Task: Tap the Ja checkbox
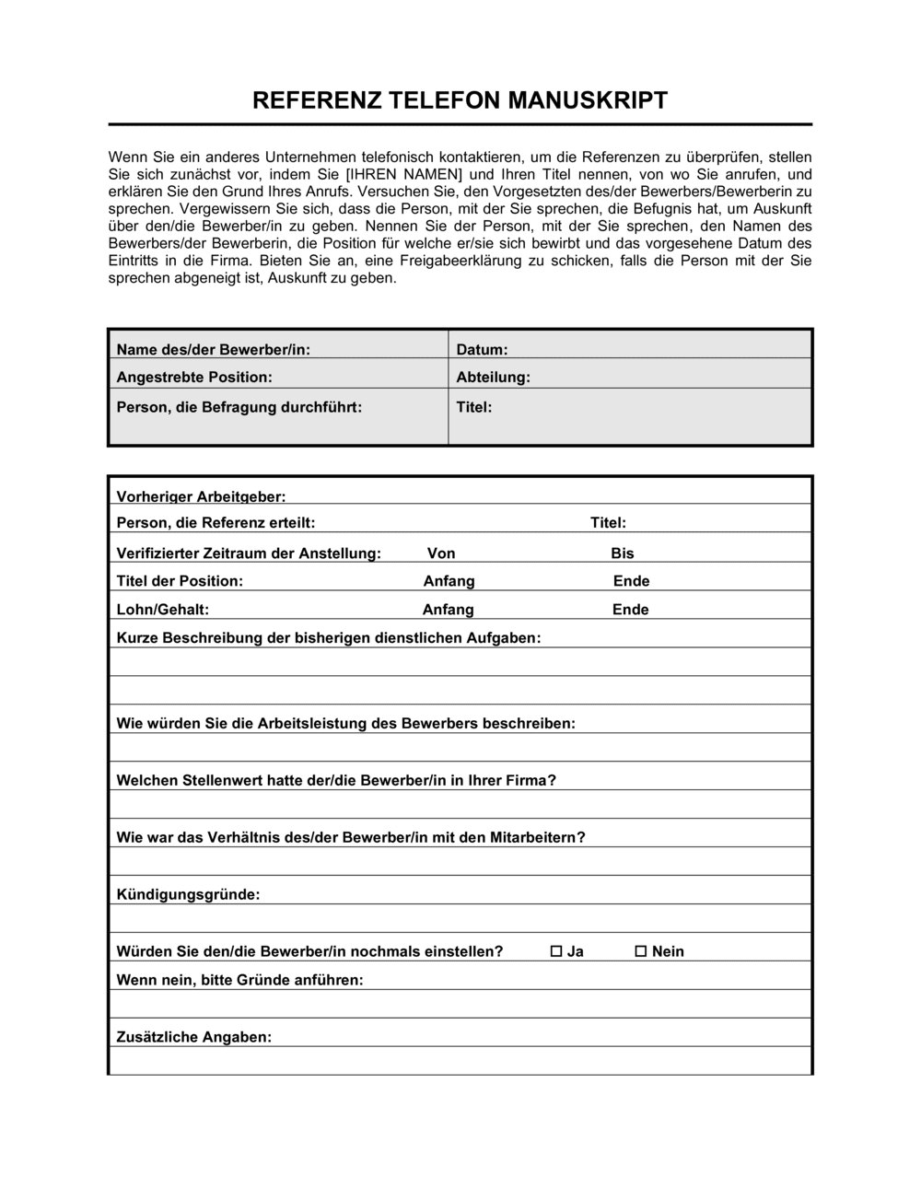pyautogui.click(x=556, y=951)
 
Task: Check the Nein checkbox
pyautogui.click(x=641, y=951)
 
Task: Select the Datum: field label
pyautogui.click(x=482, y=350)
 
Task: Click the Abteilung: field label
pyautogui.click(x=493, y=378)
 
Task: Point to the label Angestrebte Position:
pyautogui.click(x=194, y=378)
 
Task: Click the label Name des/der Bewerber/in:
pyautogui.click(x=214, y=350)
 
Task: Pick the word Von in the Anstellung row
pyautogui.click(x=441, y=553)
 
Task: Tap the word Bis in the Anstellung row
pyautogui.click(x=623, y=553)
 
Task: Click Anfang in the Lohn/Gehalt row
pyautogui.click(x=448, y=610)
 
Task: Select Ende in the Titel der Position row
pyautogui.click(x=631, y=581)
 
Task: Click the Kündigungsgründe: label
pyautogui.click(x=188, y=894)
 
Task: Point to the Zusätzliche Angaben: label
pyautogui.click(x=194, y=1037)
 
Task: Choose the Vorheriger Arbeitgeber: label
pyautogui.click(x=201, y=497)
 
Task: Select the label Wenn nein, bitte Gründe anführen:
pyautogui.click(x=239, y=980)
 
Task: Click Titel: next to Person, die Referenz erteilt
pyautogui.click(x=608, y=523)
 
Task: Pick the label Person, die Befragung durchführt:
pyautogui.click(x=239, y=407)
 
